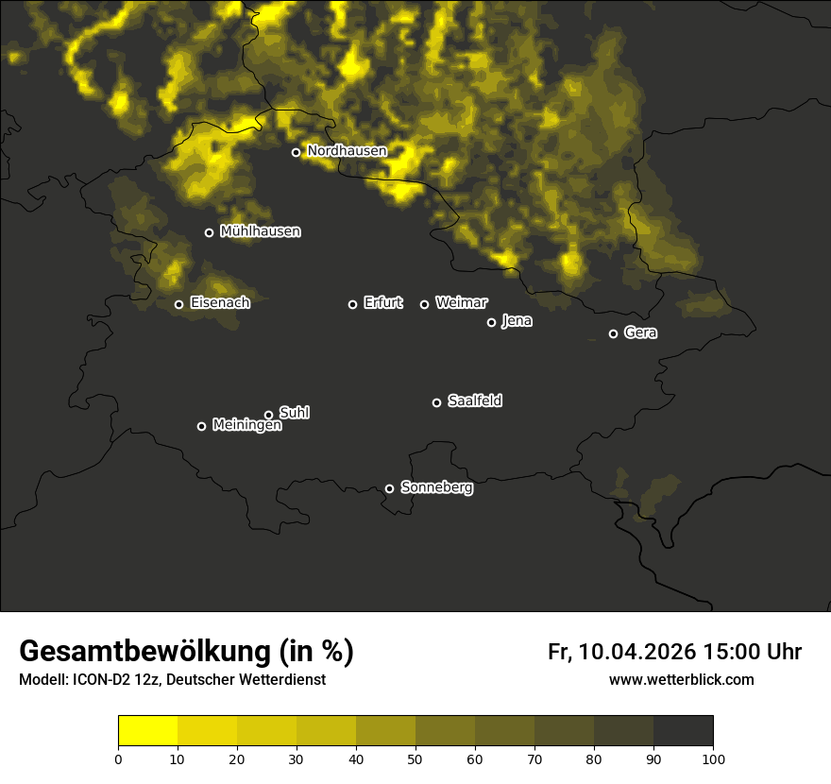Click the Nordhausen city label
tap(347, 151)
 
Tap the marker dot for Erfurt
tap(353, 304)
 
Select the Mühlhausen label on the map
tap(260, 231)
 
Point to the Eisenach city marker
tap(178, 304)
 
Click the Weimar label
tap(461, 303)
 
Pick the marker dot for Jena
tap(491, 322)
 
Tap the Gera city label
tap(640, 333)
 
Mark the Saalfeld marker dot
tap(436, 402)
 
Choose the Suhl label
tap(295, 413)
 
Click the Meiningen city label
tap(246, 426)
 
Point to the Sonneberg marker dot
tap(389, 488)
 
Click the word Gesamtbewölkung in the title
tap(145, 652)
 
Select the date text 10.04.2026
tap(637, 652)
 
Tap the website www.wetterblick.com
tap(681, 680)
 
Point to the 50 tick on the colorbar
tap(415, 758)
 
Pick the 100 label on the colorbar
tap(713, 758)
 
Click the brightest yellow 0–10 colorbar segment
tap(148, 731)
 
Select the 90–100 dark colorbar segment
tap(683, 731)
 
